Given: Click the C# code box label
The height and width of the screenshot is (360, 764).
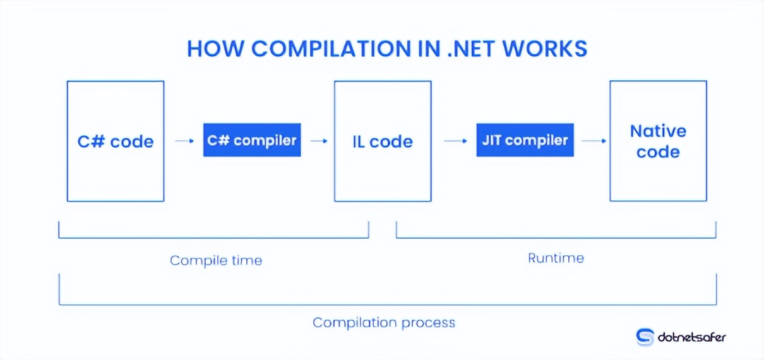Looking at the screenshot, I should (x=116, y=141).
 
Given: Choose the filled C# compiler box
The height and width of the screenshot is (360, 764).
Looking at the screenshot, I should (x=252, y=140).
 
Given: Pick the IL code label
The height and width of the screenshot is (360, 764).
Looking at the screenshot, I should (x=383, y=141).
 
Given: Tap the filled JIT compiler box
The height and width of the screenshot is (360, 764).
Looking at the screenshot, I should (x=525, y=140).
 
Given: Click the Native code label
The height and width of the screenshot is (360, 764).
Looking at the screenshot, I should (x=658, y=141).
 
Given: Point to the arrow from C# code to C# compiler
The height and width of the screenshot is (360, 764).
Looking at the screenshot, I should (x=184, y=141).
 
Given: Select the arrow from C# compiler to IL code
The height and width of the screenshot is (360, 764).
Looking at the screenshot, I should (x=319, y=141).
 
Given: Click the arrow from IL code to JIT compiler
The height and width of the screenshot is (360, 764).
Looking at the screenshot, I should (x=455, y=141).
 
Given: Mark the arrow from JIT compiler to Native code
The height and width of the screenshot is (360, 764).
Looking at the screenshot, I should (x=594, y=141).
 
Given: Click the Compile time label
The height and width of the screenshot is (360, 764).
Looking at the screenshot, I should (x=216, y=260).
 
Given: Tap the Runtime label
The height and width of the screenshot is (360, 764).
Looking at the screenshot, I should (x=556, y=258).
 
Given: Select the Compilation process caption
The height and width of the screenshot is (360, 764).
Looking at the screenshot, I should (x=384, y=323).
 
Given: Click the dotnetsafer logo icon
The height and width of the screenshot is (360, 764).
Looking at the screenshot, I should (x=645, y=337).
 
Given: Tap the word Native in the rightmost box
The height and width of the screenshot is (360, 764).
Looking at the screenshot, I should (x=658, y=131).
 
